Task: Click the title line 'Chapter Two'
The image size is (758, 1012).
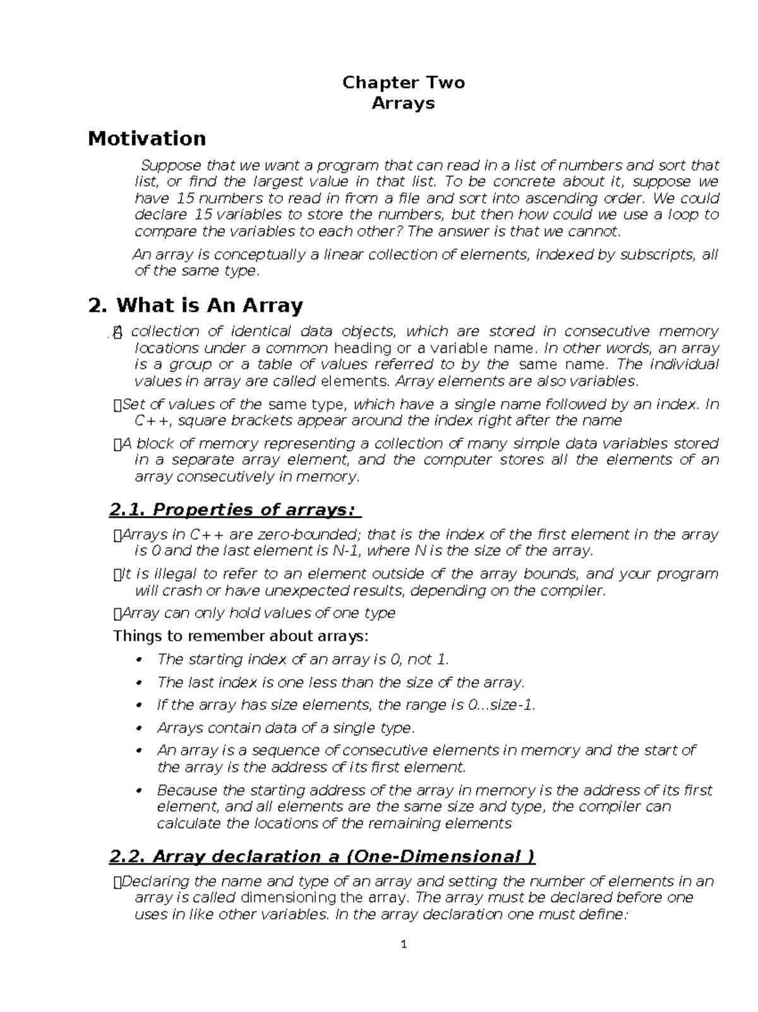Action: tap(403, 83)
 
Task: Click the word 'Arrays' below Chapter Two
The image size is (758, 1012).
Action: tap(403, 103)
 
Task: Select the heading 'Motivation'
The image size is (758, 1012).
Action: tap(147, 138)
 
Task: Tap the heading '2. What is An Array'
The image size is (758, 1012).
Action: tap(196, 306)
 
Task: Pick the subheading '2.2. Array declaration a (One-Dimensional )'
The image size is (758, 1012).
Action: tap(322, 857)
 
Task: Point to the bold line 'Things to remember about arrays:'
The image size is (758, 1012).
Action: tap(240, 636)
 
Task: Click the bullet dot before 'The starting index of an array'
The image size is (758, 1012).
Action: tap(141, 660)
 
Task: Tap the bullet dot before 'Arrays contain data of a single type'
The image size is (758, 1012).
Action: tap(141, 728)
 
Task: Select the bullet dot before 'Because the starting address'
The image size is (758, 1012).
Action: tap(141, 791)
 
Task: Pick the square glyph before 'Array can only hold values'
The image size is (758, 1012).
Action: tap(116, 613)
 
